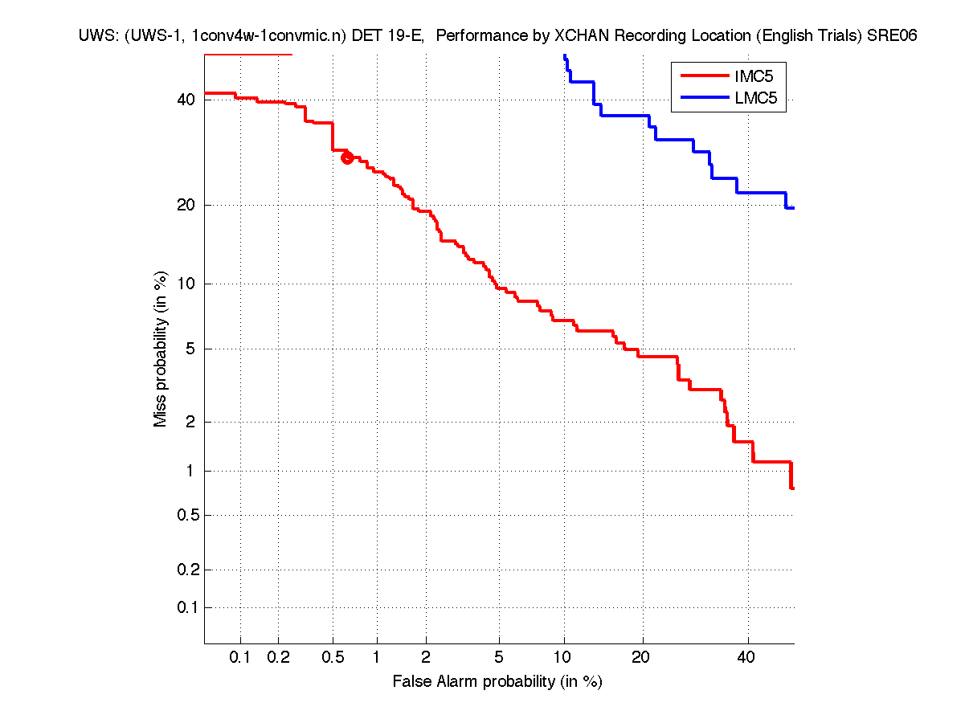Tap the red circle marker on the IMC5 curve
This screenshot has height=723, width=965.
coord(347,157)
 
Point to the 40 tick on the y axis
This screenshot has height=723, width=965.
coord(186,100)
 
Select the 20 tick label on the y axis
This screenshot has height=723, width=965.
coord(186,205)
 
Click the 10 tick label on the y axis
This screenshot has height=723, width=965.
coord(186,284)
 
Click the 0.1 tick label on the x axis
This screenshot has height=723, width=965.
coord(240,658)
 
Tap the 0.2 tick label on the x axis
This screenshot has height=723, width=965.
coord(278,658)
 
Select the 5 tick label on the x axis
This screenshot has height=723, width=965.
coord(499,658)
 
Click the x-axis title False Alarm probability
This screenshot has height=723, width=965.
coord(497,682)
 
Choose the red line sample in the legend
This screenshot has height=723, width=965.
coord(704,77)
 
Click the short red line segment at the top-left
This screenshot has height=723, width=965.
coord(248,55)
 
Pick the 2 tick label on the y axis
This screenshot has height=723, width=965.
coord(190,422)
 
